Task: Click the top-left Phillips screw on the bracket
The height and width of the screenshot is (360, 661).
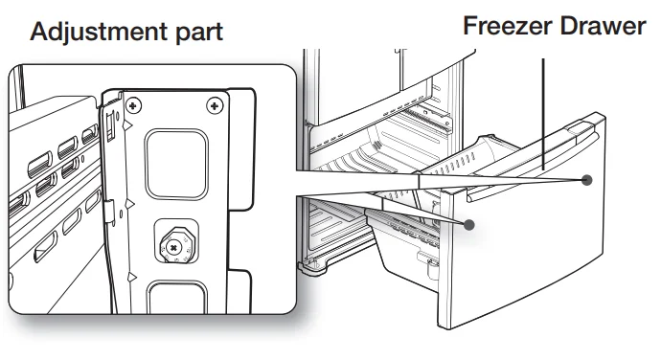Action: [133, 105]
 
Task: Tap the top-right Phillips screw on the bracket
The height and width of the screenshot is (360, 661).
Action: [215, 105]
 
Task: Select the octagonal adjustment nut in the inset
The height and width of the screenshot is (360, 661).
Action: [176, 245]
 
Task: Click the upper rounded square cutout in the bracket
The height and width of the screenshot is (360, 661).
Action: [176, 164]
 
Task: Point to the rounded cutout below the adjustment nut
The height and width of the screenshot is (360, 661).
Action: [177, 297]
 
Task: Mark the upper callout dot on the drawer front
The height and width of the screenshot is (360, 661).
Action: [586, 180]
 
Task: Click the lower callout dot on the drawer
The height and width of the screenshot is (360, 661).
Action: [469, 225]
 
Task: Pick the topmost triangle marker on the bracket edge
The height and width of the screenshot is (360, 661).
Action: [127, 125]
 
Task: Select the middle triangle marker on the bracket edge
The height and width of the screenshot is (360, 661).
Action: [130, 205]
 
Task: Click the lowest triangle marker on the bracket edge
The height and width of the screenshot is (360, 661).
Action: [132, 277]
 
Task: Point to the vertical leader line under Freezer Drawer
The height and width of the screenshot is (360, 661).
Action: [543, 114]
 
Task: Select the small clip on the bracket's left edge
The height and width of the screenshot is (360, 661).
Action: [109, 212]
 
